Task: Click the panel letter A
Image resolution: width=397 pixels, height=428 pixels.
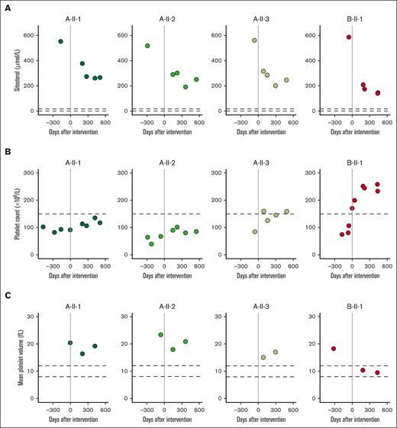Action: (6, 8)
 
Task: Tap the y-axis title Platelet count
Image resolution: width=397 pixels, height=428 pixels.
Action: (18, 215)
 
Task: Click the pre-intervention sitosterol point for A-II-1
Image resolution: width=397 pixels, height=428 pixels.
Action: (61, 41)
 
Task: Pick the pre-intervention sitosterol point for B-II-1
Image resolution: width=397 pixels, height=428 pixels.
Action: (348, 37)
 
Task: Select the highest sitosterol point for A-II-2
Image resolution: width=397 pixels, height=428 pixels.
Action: (147, 46)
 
